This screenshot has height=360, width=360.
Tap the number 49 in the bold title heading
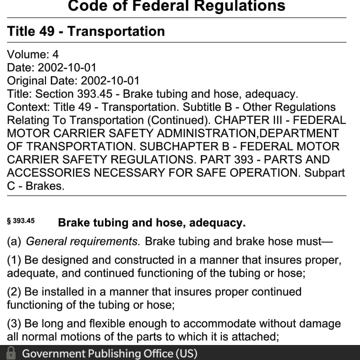(x=48, y=31)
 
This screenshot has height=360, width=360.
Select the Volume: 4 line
(x=33, y=54)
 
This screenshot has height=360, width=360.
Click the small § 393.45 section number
(x=20, y=220)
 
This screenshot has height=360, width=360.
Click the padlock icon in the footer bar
(x=9, y=353)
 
